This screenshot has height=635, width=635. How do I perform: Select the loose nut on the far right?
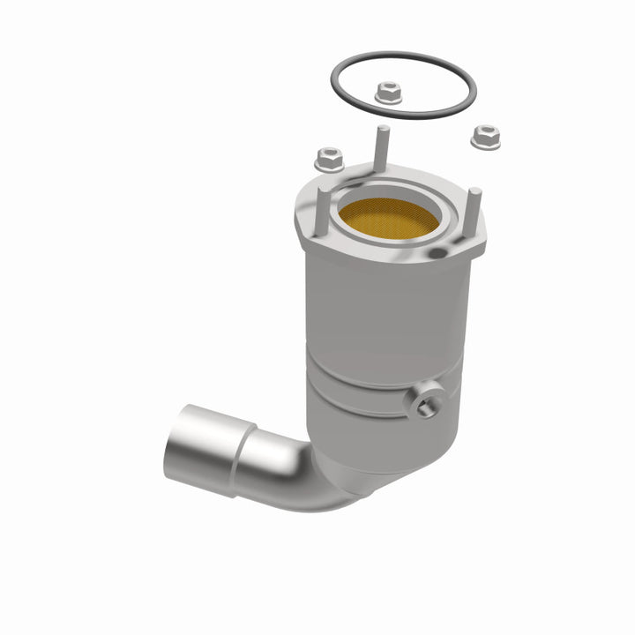point(485,137)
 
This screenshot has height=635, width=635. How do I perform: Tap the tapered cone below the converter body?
point(370,459)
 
